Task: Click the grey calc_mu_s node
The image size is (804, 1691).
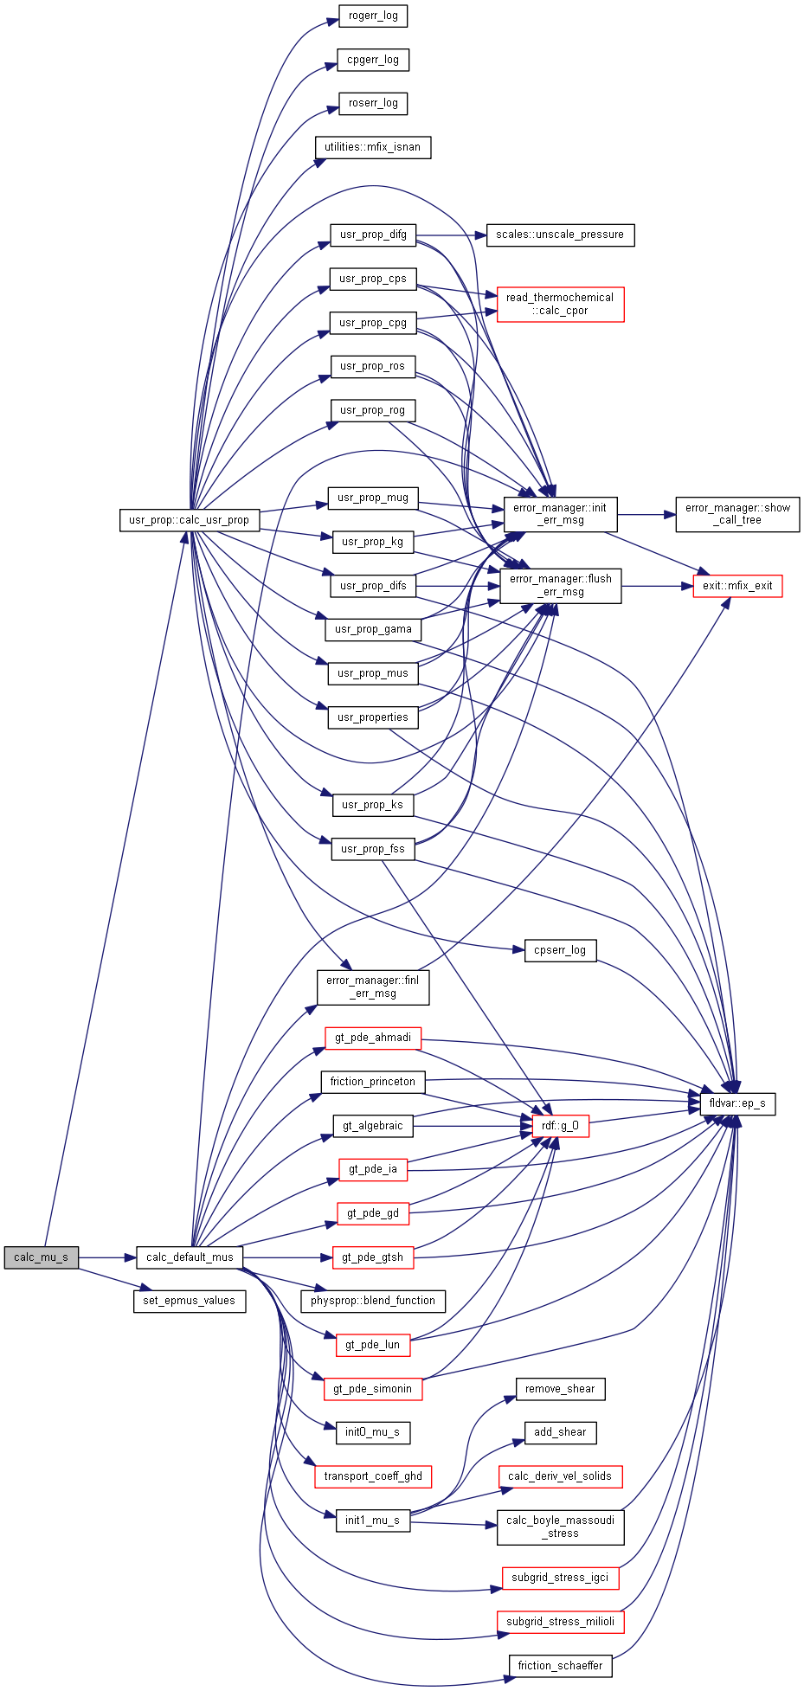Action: pos(41,1257)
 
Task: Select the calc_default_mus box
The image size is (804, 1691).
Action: pos(190,1257)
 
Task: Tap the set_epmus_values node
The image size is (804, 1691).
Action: pos(190,1301)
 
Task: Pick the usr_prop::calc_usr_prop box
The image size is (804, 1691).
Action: pos(189,520)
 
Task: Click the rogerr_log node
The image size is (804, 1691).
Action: pos(373,16)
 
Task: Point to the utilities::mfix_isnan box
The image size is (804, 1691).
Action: pos(372,147)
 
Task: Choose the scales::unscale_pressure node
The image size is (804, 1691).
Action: pos(560,235)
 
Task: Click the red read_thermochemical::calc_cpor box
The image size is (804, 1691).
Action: pos(560,304)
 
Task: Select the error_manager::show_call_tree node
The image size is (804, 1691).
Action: pos(737,514)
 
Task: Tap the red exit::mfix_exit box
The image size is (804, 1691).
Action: pos(737,586)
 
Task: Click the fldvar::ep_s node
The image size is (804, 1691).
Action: pos(737,1103)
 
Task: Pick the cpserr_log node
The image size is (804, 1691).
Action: pos(560,950)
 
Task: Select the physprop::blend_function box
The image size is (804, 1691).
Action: pos(373,1301)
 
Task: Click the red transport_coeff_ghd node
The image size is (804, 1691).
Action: pos(373,1476)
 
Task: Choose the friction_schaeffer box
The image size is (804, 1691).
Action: pos(560,1665)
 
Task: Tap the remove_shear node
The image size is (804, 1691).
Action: pos(560,1389)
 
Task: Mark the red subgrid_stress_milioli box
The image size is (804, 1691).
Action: pos(560,1622)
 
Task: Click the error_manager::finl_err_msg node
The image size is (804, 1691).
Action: pos(373,987)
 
